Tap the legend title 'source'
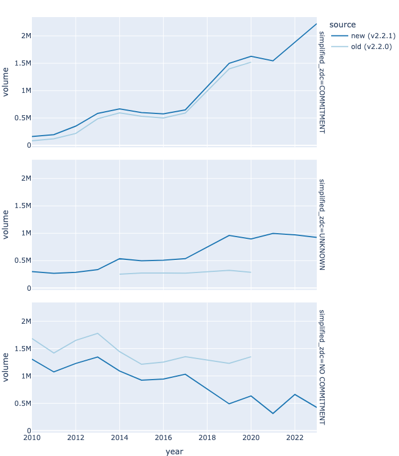coord(343,25)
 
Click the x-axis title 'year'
coord(174,451)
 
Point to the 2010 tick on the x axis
coord(31,438)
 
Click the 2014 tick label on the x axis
coord(119,438)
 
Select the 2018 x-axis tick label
coord(207,438)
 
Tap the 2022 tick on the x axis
coord(295,438)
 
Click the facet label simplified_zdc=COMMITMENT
coord(322,82)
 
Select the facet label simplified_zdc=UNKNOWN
coord(322,224)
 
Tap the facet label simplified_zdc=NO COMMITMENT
coord(322,367)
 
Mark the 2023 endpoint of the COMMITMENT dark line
coord(316,23)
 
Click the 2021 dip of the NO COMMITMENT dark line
coord(273,413)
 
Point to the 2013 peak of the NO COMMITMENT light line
coord(97,333)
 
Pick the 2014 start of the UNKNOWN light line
coord(120,274)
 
